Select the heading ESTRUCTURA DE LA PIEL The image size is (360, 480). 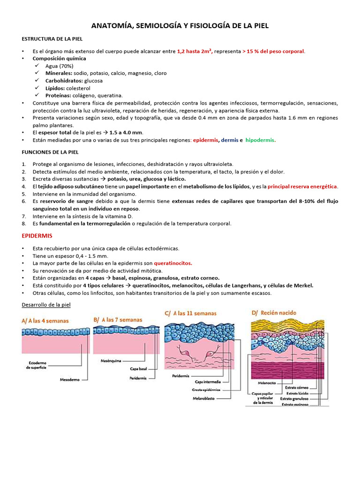pos(51,40)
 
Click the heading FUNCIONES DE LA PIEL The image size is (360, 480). pos(50,152)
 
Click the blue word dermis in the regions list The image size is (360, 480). pos(229,140)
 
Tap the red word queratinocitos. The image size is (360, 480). pos(173,263)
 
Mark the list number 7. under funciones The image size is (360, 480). pos(24,216)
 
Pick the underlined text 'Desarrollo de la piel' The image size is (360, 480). pos(46,305)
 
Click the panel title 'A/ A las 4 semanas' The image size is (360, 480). pos(45,322)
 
